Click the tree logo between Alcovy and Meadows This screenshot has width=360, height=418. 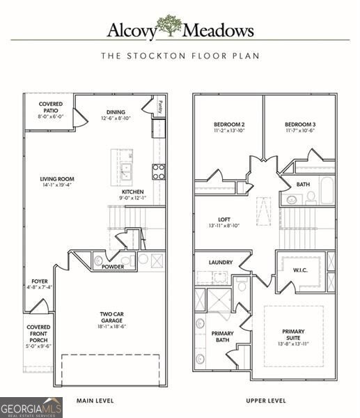click(x=169, y=26)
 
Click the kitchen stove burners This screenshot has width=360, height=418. click(x=159, y=171)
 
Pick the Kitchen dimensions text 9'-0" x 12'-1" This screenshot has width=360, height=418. click(x=132, y=199)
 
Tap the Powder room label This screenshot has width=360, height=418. click(x=113, y=267)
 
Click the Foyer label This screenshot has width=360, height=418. click(x=40, y=282)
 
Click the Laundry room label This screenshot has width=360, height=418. click(x=221, y=263)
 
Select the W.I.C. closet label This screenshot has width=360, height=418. click(x=299, y=269)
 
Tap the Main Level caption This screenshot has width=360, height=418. click(x=95, y=401)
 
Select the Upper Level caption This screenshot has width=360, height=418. click(x=265, y=401)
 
